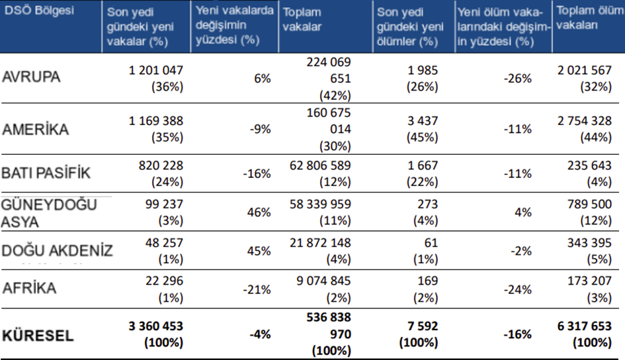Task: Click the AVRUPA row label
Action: pos(31,77)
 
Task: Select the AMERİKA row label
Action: pos(36,129)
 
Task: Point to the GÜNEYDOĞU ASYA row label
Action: pos(50,212)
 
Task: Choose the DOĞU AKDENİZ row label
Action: pos(58,251)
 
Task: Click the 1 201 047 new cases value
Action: pos(156,69)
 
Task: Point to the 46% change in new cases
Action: pos(259,212)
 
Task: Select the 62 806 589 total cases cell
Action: pos(320,166)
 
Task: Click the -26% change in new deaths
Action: pos(519,78)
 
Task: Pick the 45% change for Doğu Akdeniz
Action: pos(259,251)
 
